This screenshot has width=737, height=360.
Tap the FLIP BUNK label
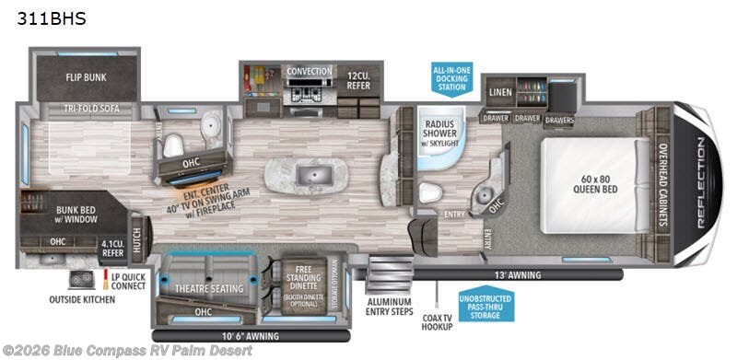(x=88, y=78)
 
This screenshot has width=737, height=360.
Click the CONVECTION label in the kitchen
(x=310, y=71)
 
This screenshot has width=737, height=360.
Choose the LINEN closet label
(x=500, y=92)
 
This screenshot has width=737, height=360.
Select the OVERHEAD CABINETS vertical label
(x=661, y=184)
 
